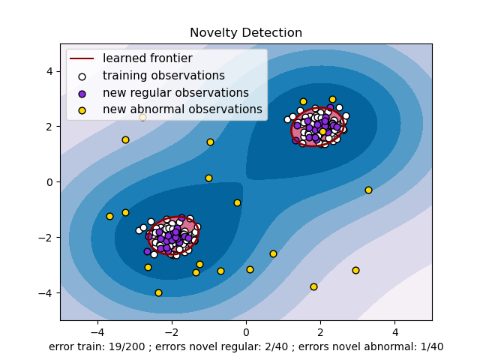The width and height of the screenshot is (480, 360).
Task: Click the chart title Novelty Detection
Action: point(246,33)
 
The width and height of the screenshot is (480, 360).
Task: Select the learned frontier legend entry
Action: point(147,58)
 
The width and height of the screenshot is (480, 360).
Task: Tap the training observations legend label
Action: point(163,76)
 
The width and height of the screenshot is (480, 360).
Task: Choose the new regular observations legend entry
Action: point(175,93)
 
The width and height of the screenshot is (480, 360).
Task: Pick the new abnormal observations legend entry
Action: point(182,109)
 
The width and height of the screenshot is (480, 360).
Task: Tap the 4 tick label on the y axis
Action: point(49,71)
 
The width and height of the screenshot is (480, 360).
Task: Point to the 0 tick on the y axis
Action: point(49,182)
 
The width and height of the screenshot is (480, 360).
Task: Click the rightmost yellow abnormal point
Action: point(368,190)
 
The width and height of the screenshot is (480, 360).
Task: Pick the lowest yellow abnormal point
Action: point(158,292)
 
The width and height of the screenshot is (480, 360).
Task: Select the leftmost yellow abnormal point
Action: point(109,216)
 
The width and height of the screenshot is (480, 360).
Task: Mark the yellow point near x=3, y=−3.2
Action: point(355,270)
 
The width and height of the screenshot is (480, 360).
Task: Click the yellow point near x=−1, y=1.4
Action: point(210,142)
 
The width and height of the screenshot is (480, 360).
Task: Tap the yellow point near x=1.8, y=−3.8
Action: point(313,286)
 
